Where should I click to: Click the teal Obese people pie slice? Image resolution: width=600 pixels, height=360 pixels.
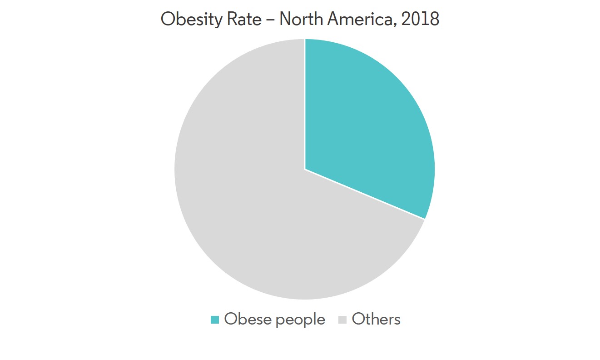click(363, 123)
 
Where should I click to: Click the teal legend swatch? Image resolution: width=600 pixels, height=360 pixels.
click(215, 320)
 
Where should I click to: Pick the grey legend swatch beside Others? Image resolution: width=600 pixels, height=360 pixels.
click(342, 320)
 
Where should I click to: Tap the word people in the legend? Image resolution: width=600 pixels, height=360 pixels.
click(300, 320)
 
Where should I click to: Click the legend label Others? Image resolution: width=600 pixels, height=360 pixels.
click(376, 319)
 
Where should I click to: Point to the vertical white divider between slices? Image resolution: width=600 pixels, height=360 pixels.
click(305, 105)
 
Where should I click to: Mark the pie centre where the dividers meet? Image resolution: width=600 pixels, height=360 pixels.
click(305, 169)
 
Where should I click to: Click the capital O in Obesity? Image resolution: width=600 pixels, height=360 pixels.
click(168, 19)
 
